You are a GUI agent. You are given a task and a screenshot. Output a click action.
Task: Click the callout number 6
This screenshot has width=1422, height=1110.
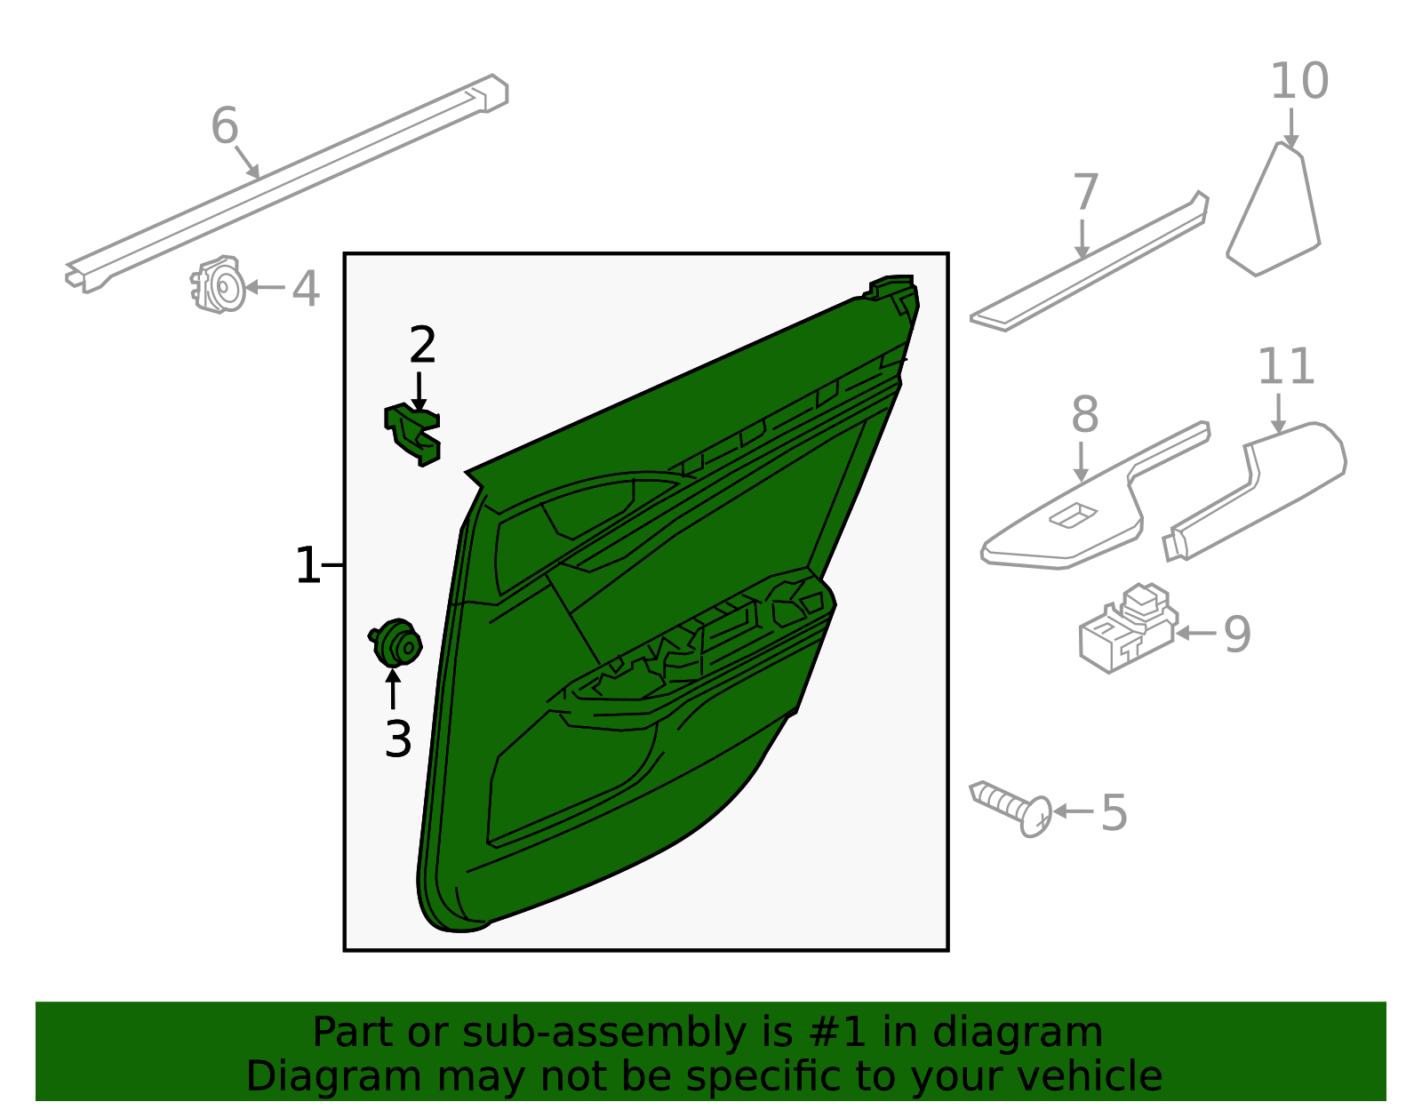coord(225,126)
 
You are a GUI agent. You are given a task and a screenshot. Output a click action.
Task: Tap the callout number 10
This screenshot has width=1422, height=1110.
coord(1298,82)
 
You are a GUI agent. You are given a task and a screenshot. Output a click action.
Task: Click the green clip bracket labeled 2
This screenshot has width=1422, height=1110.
coord(413,433)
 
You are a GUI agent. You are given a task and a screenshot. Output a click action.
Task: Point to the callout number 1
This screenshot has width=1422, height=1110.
coord(307,566)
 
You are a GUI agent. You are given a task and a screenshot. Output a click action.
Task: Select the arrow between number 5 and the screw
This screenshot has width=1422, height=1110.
coord(1074,811)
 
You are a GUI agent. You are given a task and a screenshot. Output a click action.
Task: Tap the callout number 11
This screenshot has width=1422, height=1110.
coord(1285,367)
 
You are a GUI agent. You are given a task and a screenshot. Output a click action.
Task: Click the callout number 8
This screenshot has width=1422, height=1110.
coord(1084,415)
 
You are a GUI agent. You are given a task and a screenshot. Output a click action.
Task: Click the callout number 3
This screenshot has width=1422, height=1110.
coord(397,739)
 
